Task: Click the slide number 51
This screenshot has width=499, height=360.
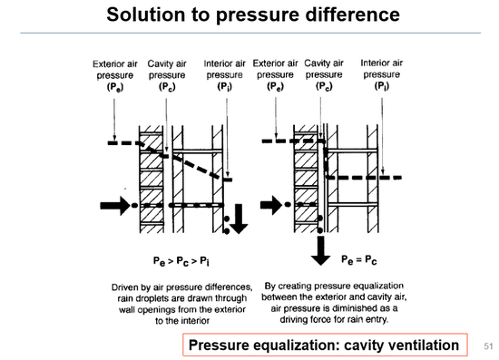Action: click(488, 346)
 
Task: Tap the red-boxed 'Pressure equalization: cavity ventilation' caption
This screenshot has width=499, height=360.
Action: click(325, 345)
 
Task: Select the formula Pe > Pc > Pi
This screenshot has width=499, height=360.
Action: click(181, 261)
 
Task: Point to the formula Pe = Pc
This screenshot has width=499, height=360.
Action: click(359, 260)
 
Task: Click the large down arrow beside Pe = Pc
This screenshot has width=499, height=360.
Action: click(320, 251)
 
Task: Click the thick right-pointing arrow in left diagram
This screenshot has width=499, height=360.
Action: click(115, 206)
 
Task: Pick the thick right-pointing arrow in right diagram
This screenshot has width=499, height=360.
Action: click(271, 205)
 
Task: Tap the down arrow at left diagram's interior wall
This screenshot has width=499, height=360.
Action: click(239, 219)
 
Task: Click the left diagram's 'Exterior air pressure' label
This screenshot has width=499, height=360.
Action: click(115, 75)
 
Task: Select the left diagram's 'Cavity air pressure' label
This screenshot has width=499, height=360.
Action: click(167, 75)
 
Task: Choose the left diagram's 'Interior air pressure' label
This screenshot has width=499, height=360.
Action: click(225, 75)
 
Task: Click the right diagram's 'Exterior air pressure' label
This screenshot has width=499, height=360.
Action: click(275, 74)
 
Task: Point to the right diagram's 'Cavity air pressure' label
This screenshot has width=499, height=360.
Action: click(324, 74)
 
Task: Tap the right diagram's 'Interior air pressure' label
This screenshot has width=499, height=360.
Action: click(382, 74)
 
